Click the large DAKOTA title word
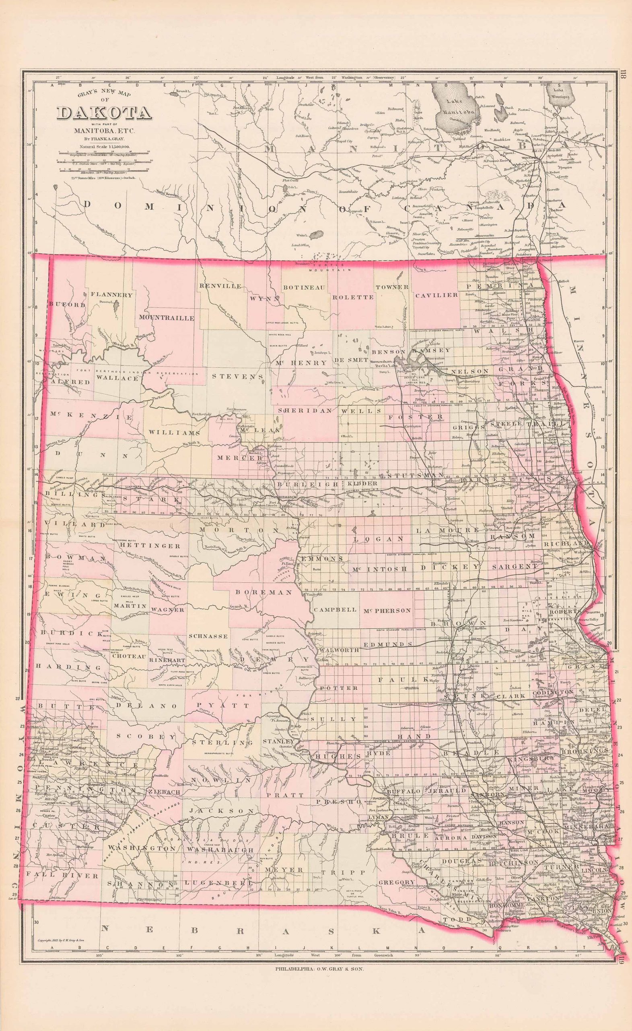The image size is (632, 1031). pos(104,114)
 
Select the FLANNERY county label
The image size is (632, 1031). pos(111,294)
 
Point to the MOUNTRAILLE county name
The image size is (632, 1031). pos(167,318)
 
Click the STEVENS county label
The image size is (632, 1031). pos(238,376)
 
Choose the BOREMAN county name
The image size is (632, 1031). pos(264,592)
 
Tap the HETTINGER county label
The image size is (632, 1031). pos(150,546)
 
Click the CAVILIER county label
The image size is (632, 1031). pos(436,295)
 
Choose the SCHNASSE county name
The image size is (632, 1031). pos(208,636)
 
